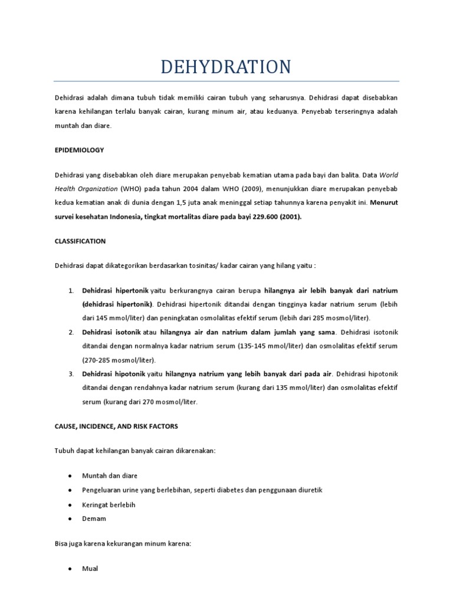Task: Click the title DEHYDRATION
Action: (226, 66)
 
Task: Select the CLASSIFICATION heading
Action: (80, 241)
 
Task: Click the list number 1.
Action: (70, 291)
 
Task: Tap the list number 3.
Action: (70, 374)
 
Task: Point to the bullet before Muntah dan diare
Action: (70, 475)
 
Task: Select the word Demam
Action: (94, 518)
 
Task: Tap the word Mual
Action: (90, 569)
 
